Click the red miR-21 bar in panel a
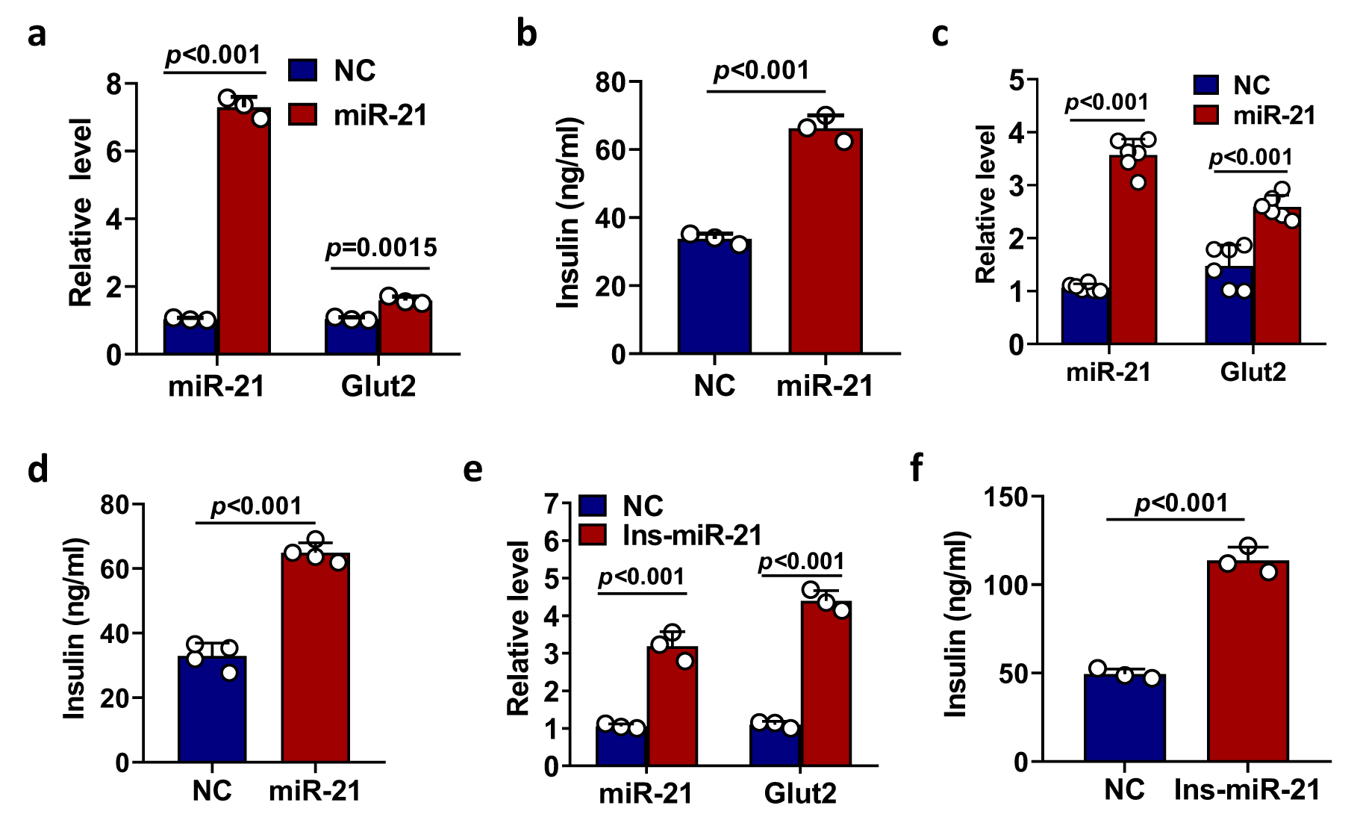pos(244,232)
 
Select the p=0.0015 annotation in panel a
pos(381,248)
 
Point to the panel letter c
pos(941,34)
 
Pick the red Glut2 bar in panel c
pos(1277,276)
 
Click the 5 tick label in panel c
pos(1016,80)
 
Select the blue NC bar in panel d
pos(212,709)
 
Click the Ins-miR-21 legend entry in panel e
pos(692,535)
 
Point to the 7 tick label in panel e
pos(552,505)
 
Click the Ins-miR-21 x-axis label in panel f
pos(1247,789)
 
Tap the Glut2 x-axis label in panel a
pos(378,386)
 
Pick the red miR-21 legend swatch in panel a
pos(303,114)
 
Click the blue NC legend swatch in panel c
pos(1206,84)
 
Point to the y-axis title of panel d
pos(75,629)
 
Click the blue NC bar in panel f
pos(1125,718)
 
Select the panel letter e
pos(473,470)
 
